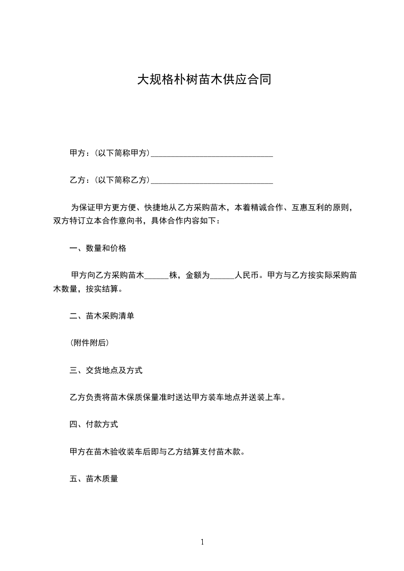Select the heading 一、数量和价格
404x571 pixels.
click(98, 249)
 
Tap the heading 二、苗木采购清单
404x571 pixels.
click(102, 316)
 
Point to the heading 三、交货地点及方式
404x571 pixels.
click(106, 370)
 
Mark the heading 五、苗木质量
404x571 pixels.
click(94, 479)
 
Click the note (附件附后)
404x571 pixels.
click(89, 344)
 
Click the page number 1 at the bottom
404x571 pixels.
click(202, 543)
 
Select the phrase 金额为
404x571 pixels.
click(197, 276)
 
